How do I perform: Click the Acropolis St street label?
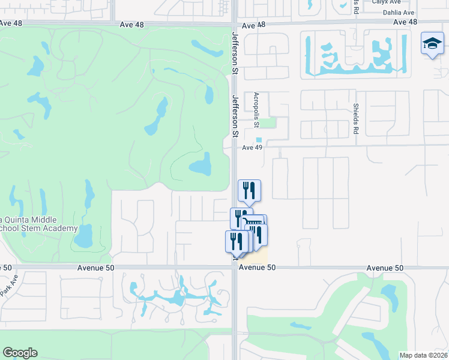pos(256,110)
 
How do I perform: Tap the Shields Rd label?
pos(356,116)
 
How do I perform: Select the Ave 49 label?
pos(253,148)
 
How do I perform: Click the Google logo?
pos(20,353)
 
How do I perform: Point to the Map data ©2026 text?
pos(423,355)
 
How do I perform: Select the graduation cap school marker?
pos(432,43)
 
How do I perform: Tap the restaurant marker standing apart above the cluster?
pos(249,190)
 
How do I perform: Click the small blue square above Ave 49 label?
pos(259,140)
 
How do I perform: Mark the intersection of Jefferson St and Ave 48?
pos(235,25)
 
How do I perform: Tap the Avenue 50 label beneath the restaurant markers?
pos(257,268)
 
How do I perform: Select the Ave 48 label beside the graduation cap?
pos(405,22)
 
